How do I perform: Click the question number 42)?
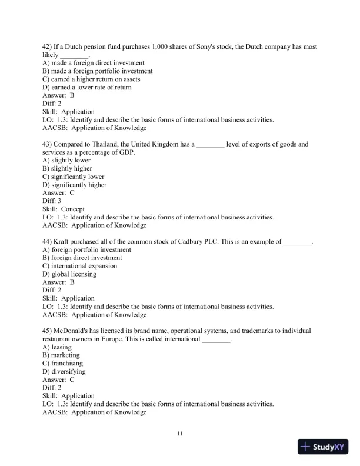(x=48, y=46)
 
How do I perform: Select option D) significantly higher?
(x=75, y=185)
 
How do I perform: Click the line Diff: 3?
(x=52, y=201)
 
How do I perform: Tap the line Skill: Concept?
(x=64, y=209)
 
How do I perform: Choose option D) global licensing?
(x=69, y=274)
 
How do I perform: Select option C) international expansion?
(x=80, y=266)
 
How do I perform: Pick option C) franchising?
(x=63, y=364)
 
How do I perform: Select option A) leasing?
(x=58, y=347)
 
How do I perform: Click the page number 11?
(x=180, y=434)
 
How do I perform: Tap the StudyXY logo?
(x=324, y=447)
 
